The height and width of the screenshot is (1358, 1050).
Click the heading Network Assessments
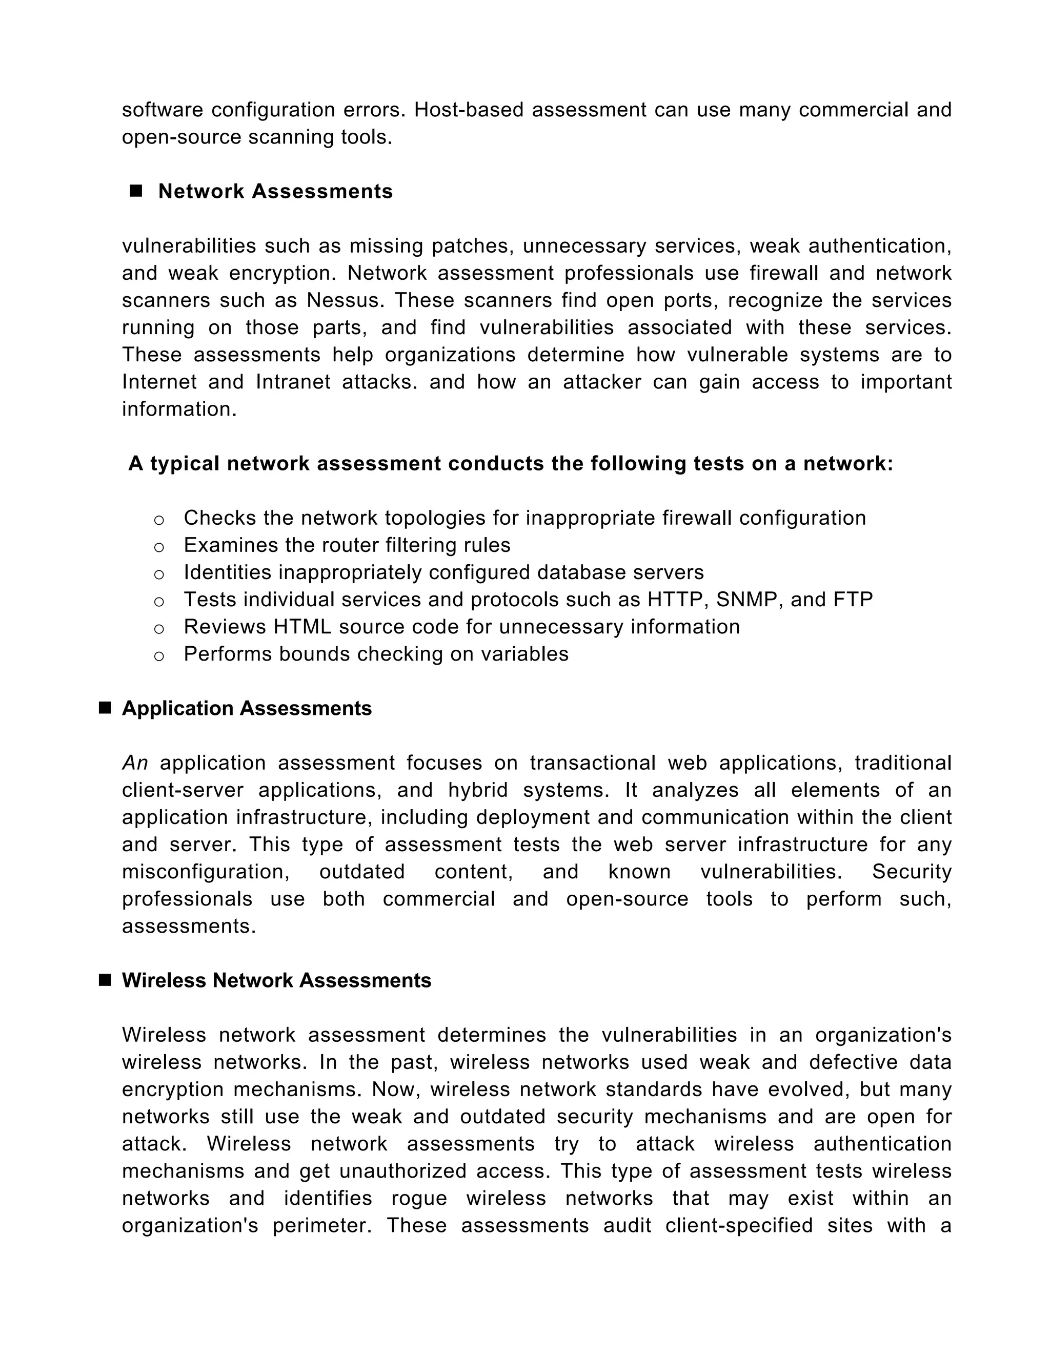click(275, 192)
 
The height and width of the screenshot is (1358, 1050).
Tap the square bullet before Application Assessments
click(105, 708)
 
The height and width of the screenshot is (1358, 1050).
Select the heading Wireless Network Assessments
click(276, 980)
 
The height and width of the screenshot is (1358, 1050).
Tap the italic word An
click(135, 763)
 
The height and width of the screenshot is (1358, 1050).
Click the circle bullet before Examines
click(159, 547)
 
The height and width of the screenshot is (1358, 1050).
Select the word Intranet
click(293, 382)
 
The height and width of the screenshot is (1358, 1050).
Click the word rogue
click(419, 1198)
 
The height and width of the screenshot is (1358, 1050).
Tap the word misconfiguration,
click(206, 872)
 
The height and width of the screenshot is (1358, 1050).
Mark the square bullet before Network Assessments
click(135, 191)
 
